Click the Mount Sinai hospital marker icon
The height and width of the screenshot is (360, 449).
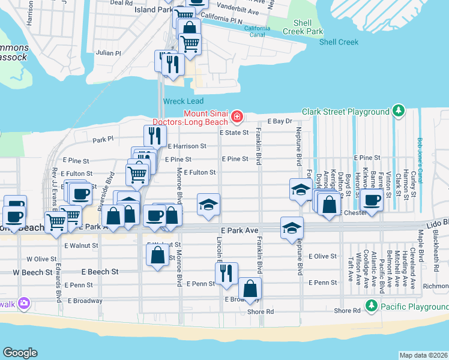pos(238,116)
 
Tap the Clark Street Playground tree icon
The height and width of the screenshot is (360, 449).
pos(397,111)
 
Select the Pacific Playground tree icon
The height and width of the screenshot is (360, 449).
pos(372,307)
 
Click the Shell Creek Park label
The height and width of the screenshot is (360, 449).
pos(304,27)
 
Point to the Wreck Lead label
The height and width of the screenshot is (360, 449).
pos(183,101)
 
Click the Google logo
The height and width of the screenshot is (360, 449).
pos(20,353)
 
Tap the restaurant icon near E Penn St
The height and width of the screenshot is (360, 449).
pos(226,274)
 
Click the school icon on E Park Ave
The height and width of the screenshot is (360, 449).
pos(292,228)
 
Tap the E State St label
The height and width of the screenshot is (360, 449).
pos(234,133)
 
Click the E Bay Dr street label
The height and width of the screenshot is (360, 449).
pos(280,121)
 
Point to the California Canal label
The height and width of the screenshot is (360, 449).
pos(257,31)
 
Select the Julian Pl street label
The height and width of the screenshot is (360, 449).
pos(109,53)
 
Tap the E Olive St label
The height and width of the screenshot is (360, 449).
pos(322,256)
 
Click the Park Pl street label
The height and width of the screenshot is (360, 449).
pos(103,139)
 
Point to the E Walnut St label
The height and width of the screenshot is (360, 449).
pos(82,245)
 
